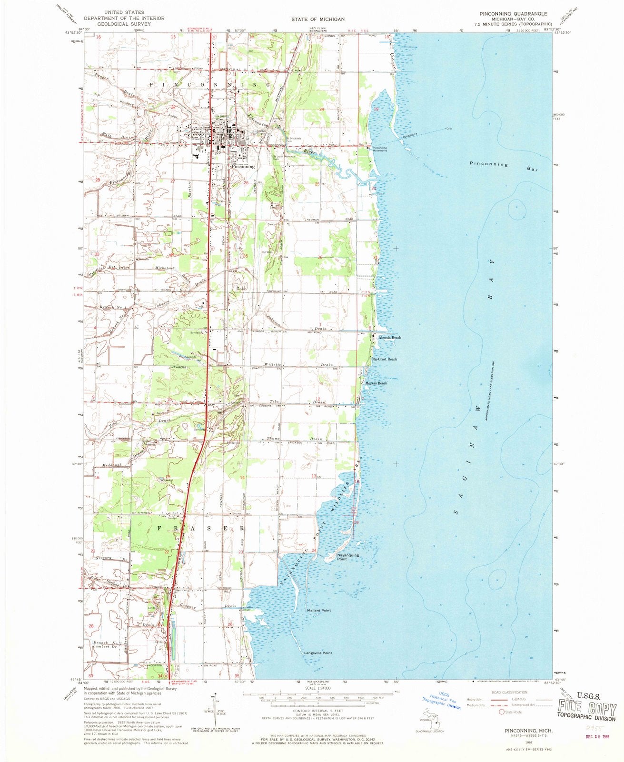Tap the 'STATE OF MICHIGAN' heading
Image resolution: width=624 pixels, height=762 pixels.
[x=312, y=19]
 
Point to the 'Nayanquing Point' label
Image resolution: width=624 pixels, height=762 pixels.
[x=335, y=557]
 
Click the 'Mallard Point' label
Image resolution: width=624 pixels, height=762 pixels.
[x=319, y=610]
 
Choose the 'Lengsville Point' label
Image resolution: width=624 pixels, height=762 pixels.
[x=318, y=653]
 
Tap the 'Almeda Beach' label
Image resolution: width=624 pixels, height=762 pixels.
[x=389, y=337]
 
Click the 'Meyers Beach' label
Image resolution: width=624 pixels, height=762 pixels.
[x=376, y=383]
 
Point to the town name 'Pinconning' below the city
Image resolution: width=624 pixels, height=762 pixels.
[x=243, y=167]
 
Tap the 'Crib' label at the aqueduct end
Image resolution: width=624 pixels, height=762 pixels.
[x=448, y=129]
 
